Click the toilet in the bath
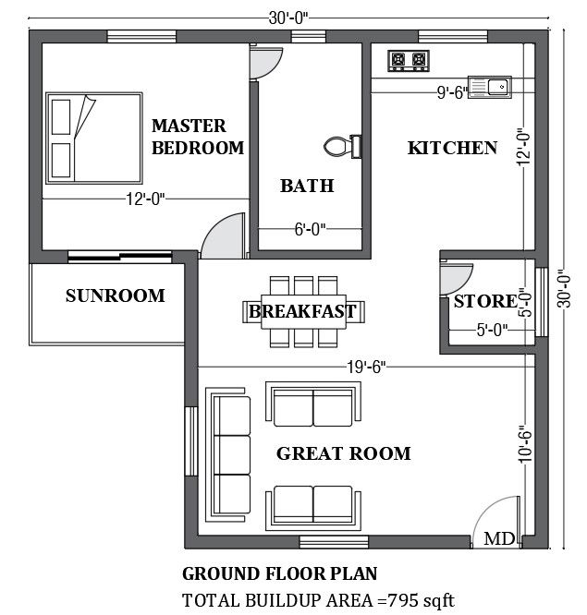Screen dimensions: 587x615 (x=343, y=146)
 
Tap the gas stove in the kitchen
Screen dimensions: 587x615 (x=409, y=61)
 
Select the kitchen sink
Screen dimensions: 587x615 (x=490, y=86)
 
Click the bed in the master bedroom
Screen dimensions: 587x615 (x=94, y=139)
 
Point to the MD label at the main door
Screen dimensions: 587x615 (x=499, y=538)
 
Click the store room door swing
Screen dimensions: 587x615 (x=456, y=279)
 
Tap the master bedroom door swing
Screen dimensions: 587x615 (x=223, y=236)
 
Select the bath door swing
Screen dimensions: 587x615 (x=266, y=63)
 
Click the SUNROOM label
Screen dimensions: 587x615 (x=115, y=295)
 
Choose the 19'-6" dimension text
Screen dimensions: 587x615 (x=366, y=368)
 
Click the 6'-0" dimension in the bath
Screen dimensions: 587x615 (x=311, y=229)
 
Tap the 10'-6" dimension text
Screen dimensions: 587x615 (x=525, y=444)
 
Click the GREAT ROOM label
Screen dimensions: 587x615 (x=344, y=453)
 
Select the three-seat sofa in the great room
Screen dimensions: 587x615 (x=228, y=455)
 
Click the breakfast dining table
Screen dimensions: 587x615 (x=303, y=311)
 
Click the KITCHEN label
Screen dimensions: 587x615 (x=452, y=148)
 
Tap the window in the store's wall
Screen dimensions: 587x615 (x=542, y=302)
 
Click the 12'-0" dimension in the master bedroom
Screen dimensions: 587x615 (x=145, y=199)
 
